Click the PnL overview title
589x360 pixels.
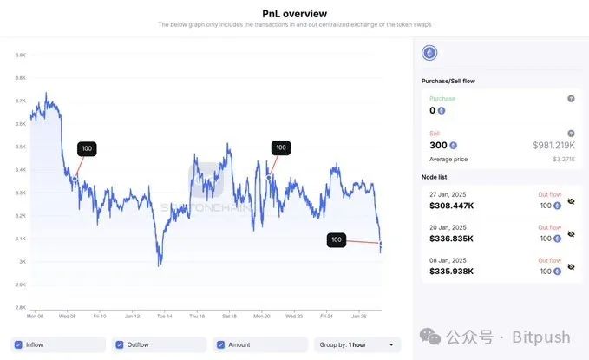[x=294, y=13]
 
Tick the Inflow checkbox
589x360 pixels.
[x=20, y=344]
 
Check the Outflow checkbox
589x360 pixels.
[x=120, y=344]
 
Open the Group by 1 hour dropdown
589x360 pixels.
[x=357, y=344]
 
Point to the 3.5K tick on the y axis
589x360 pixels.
[x=19, y=147]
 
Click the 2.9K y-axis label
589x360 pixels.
[x=19, y=285]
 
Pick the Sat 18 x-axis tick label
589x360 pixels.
[x=229, y=316]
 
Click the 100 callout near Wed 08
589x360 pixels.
[x=87, y=149]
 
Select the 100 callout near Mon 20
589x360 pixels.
[x=280, y=147]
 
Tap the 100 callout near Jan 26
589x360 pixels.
[x=337, y=239]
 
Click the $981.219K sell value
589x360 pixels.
[x=553, y=145]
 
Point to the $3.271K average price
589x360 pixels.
[x=565, y=159]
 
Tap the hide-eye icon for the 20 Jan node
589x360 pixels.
[x=571, y=234]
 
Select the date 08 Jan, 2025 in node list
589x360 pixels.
[x=448, y=260]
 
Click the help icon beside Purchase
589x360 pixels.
[x=571, y=99]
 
